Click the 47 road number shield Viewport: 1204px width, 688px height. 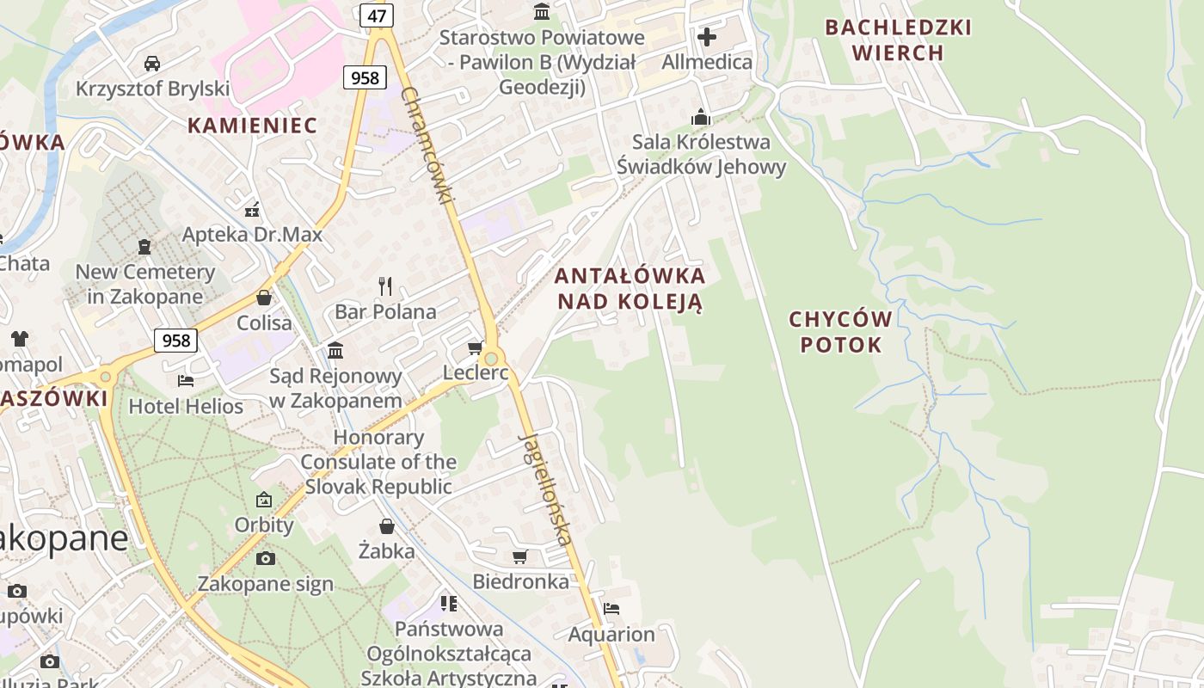coord(377,15)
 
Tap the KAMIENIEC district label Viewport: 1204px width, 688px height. coord(252,126)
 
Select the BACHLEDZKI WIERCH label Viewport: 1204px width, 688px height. coord(898,40)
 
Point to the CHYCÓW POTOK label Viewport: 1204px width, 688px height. coord(840,332)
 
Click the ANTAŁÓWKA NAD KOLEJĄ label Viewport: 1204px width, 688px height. coord(630,289)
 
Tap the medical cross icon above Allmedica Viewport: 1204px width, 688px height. coord(707,37)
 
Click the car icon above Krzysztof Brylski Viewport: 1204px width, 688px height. coord(152,63)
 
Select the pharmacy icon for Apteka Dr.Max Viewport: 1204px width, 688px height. coord(252,209)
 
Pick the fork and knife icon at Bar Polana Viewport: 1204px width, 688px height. coord(385,286)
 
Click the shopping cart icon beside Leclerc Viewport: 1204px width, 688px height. coord(475,348)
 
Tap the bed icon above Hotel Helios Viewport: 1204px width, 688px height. coord(186,380)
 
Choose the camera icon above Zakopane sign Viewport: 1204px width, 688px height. coord(266,558)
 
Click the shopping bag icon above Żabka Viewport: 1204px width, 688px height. coord(387,525)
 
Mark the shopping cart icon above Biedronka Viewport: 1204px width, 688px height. coord(520,556)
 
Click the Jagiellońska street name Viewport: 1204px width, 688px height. coord(545,488)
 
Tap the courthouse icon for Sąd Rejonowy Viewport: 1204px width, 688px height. coord(335,350)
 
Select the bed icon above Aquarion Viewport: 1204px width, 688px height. coord(611,608)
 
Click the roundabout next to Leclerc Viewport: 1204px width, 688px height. coord(492,358)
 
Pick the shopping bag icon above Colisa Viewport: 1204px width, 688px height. coord(264,298)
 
